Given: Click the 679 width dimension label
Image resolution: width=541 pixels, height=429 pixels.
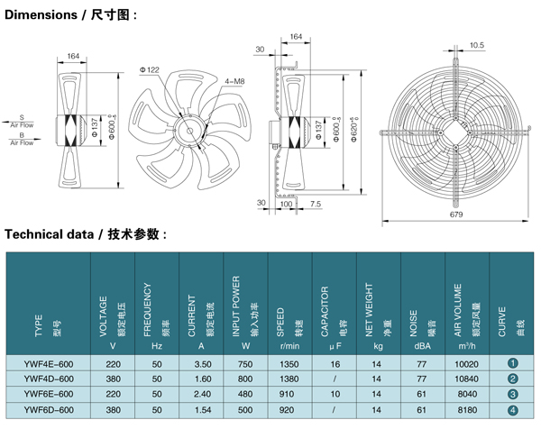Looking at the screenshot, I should tap(456, 214).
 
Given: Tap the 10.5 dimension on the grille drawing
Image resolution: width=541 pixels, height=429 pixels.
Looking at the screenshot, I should tap(477, 45).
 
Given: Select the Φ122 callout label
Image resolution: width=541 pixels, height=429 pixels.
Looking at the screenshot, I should tap(150, 68).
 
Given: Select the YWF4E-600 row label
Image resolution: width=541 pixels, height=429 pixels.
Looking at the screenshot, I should tap(49, 363).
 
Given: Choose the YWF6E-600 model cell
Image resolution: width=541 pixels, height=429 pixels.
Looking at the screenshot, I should tap(49, 394).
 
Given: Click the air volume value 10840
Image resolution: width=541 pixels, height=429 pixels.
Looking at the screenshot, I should tap(467, 379).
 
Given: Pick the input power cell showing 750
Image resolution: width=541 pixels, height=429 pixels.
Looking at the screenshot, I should tap(245, 363).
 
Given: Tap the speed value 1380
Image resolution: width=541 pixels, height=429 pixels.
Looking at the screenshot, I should tap(289, 379).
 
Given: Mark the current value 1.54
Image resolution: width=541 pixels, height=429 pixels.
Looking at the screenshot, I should tap(202, 409).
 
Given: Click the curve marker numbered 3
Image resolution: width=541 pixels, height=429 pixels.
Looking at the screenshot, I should tap(512, 394).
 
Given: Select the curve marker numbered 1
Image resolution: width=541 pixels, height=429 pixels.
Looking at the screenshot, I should tap(512, 363).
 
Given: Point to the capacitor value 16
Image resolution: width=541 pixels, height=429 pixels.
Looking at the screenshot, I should tap(335, 363).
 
